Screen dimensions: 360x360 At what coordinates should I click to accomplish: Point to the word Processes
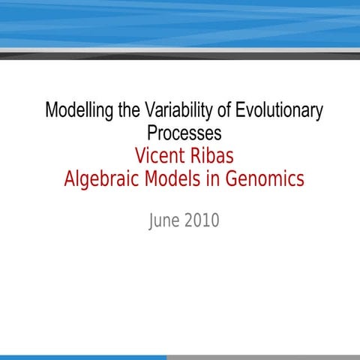(184, 133)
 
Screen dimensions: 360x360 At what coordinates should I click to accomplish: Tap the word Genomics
(268, 180)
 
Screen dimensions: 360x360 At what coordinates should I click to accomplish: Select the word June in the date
(166, 221)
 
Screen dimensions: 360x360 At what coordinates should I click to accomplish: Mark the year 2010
(202, 221)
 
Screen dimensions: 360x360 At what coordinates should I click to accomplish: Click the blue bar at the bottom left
(82, 357)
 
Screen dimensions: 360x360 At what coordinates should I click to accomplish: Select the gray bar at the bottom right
(262, 357)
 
